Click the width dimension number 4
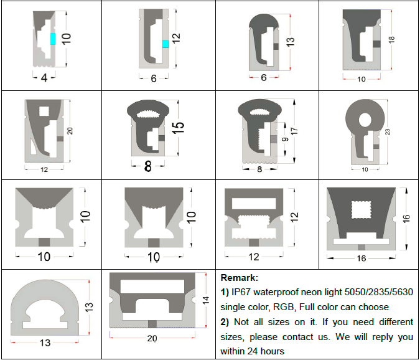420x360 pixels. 44,78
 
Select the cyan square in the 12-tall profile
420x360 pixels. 166,44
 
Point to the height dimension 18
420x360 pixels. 391,39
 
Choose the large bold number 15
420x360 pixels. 179,128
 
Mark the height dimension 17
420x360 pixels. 294,131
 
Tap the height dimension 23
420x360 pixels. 387,131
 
